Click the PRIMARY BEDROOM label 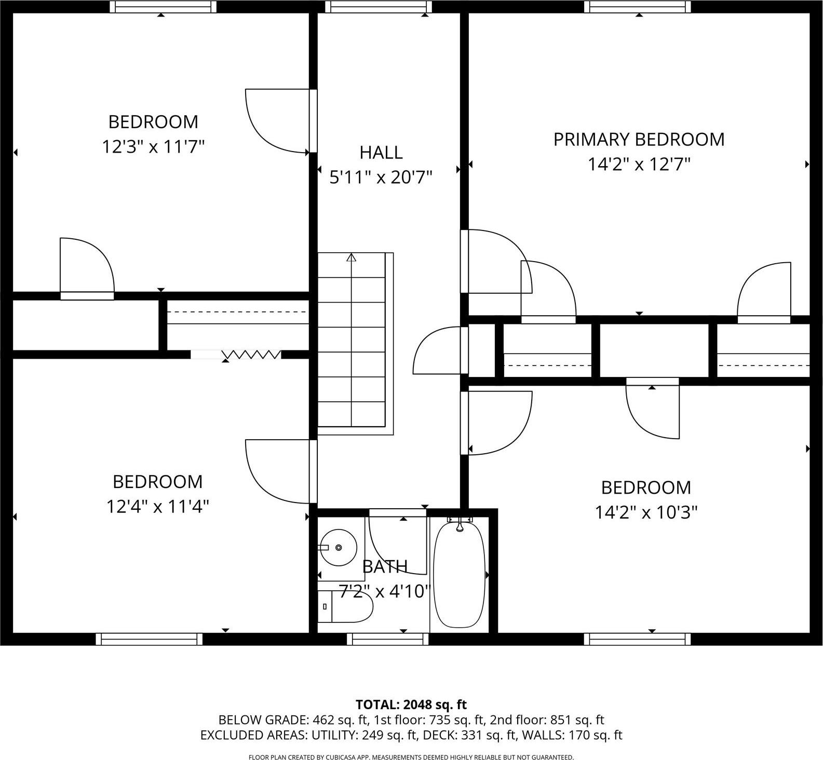(x=639, y=140)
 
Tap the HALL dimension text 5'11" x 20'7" (x=381, y=178)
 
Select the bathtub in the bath (x=459, y=575)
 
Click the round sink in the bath (x=338, y=547)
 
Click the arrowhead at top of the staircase (x=352, y=257)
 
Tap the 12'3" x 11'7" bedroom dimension (x=153, y=147)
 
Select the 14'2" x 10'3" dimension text (x=646, y=513)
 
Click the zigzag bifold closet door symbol (x=251, y=355)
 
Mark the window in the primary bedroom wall (x=638, y=6)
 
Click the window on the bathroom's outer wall (x=388, y=639)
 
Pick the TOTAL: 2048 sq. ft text (x=411, y=704)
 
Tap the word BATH (x=385, y=567)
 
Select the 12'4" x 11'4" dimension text (x=157, y=506)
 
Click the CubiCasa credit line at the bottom (x=411, y=757)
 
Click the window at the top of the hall (x=379, y=6)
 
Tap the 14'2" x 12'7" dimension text (x=639, y=165)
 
